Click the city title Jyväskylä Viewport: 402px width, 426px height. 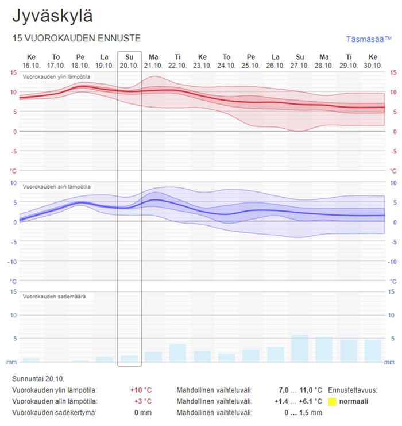52,16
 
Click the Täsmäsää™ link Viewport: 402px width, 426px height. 368,39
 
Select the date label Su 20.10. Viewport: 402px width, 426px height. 129,61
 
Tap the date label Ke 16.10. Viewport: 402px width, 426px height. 31,61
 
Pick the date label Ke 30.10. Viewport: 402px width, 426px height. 373,61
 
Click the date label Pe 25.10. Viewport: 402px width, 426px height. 251,61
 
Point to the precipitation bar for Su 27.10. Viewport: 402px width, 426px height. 300,348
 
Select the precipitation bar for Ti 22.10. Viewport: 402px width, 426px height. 177,353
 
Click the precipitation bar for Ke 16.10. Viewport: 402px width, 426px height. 31,360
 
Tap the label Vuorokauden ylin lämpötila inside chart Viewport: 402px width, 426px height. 56,77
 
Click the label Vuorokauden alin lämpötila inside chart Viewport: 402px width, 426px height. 56,187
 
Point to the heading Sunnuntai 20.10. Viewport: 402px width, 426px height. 38,378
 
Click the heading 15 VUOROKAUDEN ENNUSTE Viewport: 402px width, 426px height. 76,39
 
